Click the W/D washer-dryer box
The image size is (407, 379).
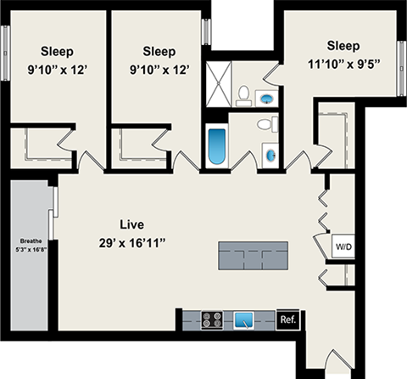[343, 247]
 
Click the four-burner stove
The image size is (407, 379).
[213, 320]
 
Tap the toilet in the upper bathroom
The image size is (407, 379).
[243, 93]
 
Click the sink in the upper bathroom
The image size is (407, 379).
[269, 97]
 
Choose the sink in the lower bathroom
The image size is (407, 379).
[270, 156]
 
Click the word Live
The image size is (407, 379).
[131, 225]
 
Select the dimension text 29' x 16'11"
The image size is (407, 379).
[131, 243]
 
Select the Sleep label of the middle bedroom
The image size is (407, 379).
[159, 50]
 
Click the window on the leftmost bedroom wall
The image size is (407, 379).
[7, 42]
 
